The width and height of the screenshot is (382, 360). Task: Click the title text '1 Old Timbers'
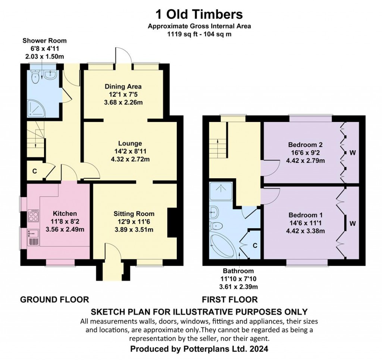[x=199, y=14]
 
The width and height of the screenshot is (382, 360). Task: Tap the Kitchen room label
[x=65, y=214]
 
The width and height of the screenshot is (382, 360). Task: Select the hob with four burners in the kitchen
[x=33, y=216]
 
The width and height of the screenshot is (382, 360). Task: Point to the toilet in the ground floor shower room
[x=35, y=76]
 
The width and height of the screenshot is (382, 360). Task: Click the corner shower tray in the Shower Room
[x=37, y=108]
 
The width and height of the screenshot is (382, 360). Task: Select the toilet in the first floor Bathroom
[x=216, y=226]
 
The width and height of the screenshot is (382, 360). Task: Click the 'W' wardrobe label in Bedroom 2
[x=353, y=153]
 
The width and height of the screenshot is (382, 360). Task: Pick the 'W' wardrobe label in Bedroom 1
[x=353, y=223]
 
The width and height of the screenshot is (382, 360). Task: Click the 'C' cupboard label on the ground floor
[x=35, y=171]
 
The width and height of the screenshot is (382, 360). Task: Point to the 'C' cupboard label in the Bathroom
[x=255, y=245]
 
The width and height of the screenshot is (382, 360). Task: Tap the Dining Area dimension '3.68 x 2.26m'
[x=123, y=102]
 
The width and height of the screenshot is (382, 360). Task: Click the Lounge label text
[x=130, y=144]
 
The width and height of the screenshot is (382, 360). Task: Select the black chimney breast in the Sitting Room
[x=172, y=222]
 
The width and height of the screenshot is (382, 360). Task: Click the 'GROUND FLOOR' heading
[x=54, y=299]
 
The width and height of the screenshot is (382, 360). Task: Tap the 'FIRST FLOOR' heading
[x=230, y=299]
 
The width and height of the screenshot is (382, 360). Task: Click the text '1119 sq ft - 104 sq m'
[x=199, y=34]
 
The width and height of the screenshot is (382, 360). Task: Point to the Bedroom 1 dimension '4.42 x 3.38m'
[x=306, y=231]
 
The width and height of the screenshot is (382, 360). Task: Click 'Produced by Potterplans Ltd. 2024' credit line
[x=199, y=349]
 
